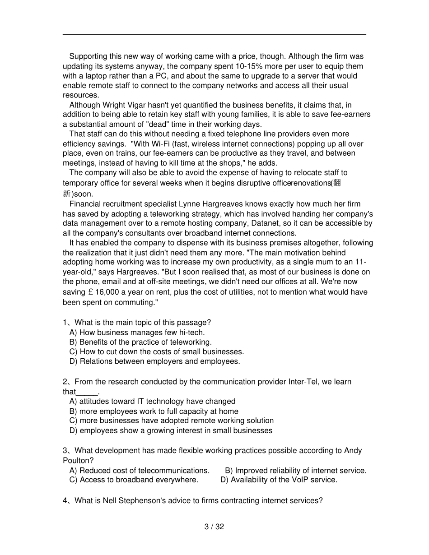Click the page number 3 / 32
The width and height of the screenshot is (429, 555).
coord(214,527)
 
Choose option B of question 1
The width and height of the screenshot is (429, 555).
coord(140,342)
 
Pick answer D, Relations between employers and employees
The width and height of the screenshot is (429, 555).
coord(154,361)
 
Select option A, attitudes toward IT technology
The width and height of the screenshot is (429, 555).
coord(152,401)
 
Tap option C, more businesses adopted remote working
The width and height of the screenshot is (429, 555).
coord(172,421)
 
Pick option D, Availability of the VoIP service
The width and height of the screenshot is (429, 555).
coord(279,480)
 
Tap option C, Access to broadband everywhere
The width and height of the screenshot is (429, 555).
coord(134,480)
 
